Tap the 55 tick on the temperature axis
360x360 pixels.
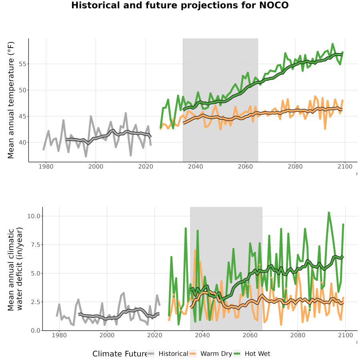click(22, 64)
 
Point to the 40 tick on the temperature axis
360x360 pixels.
click(22, 142)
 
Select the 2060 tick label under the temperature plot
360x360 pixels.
click(245, 166)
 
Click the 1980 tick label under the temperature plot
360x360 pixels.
click(46, 166)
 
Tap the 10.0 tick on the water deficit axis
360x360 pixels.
click(34, 216)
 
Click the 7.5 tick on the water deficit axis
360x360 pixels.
click(36, 245)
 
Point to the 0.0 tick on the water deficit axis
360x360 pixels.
click(36, 330)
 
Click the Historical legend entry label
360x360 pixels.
click(173, 354)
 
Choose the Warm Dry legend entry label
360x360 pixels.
click(216, 354)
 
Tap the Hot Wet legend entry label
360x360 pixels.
click(257, 354)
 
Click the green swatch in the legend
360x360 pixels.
click(237, 354)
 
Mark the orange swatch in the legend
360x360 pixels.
click(192, 354)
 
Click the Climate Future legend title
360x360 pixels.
click(120, 354)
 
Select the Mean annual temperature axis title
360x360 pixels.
click(11, 100)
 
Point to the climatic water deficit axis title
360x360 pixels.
click(15, 269)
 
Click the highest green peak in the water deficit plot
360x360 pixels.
click(329, 213)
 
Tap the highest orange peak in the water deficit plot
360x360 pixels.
click(195, 250)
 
